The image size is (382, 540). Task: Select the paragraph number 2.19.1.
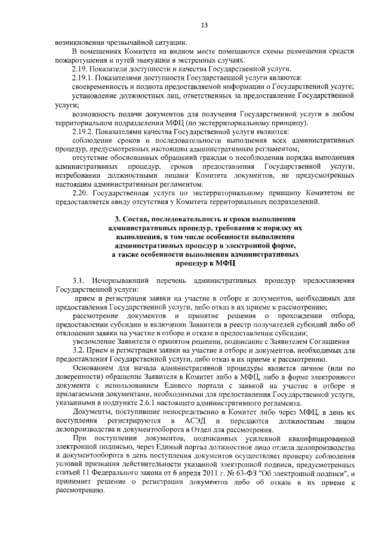point(84,78)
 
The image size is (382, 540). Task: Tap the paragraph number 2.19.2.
point(84,131)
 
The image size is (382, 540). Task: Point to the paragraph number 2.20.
point(81,193)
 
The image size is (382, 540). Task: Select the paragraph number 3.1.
point(79,280)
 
